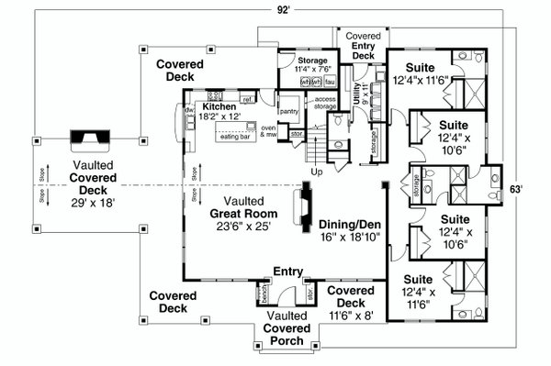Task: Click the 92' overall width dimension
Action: pyautogui.click(x=286, y=8)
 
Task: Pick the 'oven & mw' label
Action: pyautogui.click(x=269, y=131)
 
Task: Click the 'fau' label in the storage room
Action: pyautogui.click(x=328, y=81)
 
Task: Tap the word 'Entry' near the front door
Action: pyautogui.click(x=287, y=272)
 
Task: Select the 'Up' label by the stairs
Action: pyautogui.click(x=318, y=172)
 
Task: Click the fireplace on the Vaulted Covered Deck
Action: pyautogui.click(x=90, y=138)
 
